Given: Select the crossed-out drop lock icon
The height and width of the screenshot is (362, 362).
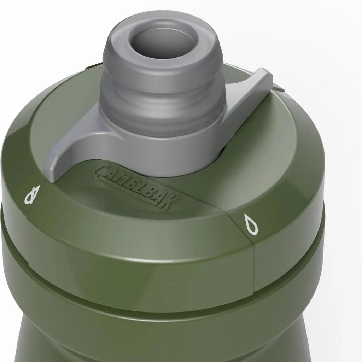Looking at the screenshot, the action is [32, 195].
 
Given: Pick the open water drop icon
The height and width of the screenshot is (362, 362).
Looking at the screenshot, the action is [251, 225].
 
